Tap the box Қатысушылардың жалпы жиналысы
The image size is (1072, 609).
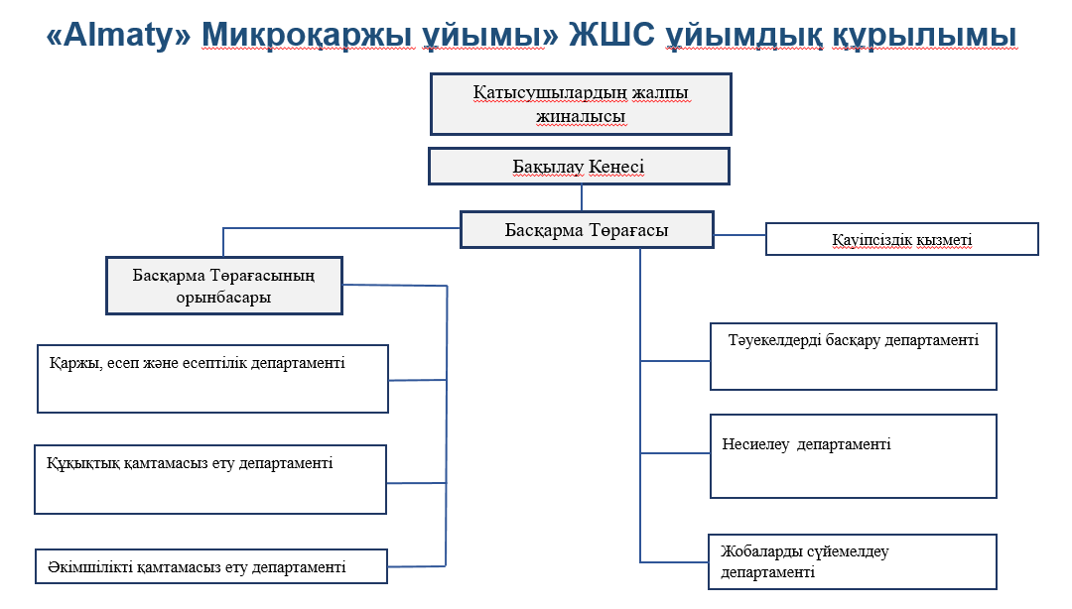point(581,104)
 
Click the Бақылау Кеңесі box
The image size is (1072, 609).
point(579,166)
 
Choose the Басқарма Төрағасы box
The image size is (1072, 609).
point(587,229)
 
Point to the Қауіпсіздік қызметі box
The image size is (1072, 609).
point(901,239)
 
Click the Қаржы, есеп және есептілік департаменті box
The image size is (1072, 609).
point(212,378)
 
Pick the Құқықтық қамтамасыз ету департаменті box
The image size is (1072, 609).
point(209,479)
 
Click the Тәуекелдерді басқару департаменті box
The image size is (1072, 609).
point(853,356)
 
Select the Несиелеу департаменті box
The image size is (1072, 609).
point(853,455)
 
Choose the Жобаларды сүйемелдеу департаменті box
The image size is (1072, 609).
point(853,561)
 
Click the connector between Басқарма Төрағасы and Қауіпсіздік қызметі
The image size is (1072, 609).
point(739,235)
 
